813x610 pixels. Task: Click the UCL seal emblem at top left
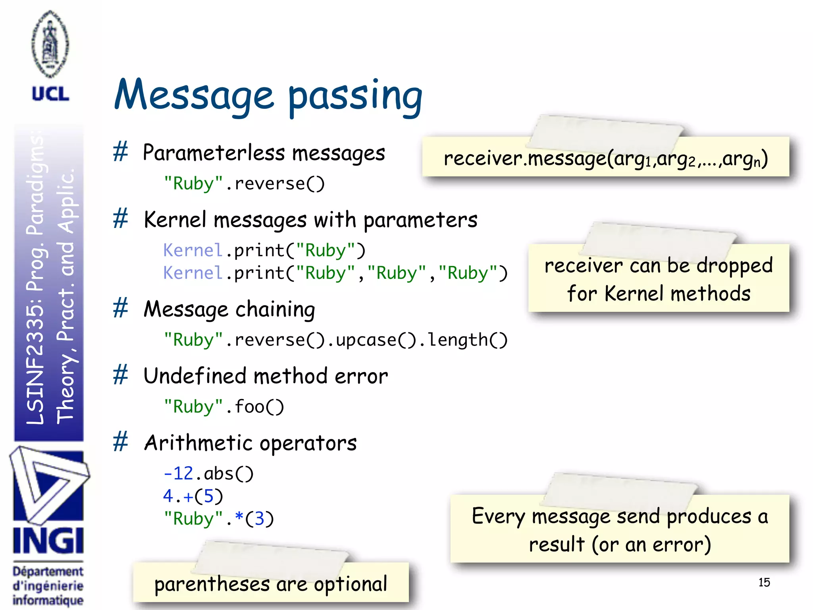50,44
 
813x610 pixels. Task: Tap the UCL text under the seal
50,94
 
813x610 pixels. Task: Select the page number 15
764,582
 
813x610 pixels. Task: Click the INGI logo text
48,541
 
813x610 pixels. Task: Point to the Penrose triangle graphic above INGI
48,485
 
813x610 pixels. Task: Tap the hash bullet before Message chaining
120,308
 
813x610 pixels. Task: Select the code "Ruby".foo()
224,407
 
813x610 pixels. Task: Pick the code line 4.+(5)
193,496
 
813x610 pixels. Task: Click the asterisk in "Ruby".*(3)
239,517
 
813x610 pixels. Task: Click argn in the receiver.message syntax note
741,159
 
